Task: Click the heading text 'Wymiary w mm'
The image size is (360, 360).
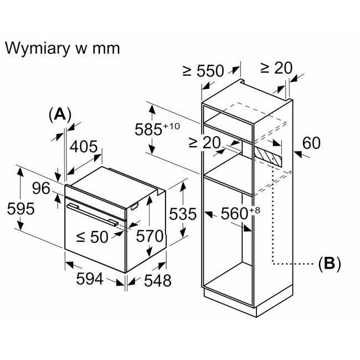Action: pos(62,48)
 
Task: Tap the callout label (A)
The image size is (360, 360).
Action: pos(60,115)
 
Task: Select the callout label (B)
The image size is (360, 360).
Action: pos(330,264)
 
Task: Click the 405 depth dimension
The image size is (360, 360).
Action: pos(84,146)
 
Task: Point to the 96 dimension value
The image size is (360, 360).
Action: pos(41,188)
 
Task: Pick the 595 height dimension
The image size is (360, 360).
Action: pos(21,209)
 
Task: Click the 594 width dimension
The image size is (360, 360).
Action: pos(90,279)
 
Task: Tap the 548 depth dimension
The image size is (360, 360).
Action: pos(158,280)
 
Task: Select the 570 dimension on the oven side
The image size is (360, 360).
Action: pos(150,236)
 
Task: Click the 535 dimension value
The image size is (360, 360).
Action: pos(183,214)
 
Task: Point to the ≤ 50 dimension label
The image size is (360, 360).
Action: pos(92,236)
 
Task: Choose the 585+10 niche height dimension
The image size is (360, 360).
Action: pos(157,129)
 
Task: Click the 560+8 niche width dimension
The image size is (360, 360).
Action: pos(240,213)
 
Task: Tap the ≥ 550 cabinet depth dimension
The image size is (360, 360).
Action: pos(203,71)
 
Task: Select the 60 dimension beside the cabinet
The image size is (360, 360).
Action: pos(311,143)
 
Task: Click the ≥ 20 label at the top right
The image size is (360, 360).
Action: pos(276,68)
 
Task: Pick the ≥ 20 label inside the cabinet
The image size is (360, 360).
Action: pos(204,142)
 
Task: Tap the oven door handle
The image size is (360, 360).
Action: pos(92,215)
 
